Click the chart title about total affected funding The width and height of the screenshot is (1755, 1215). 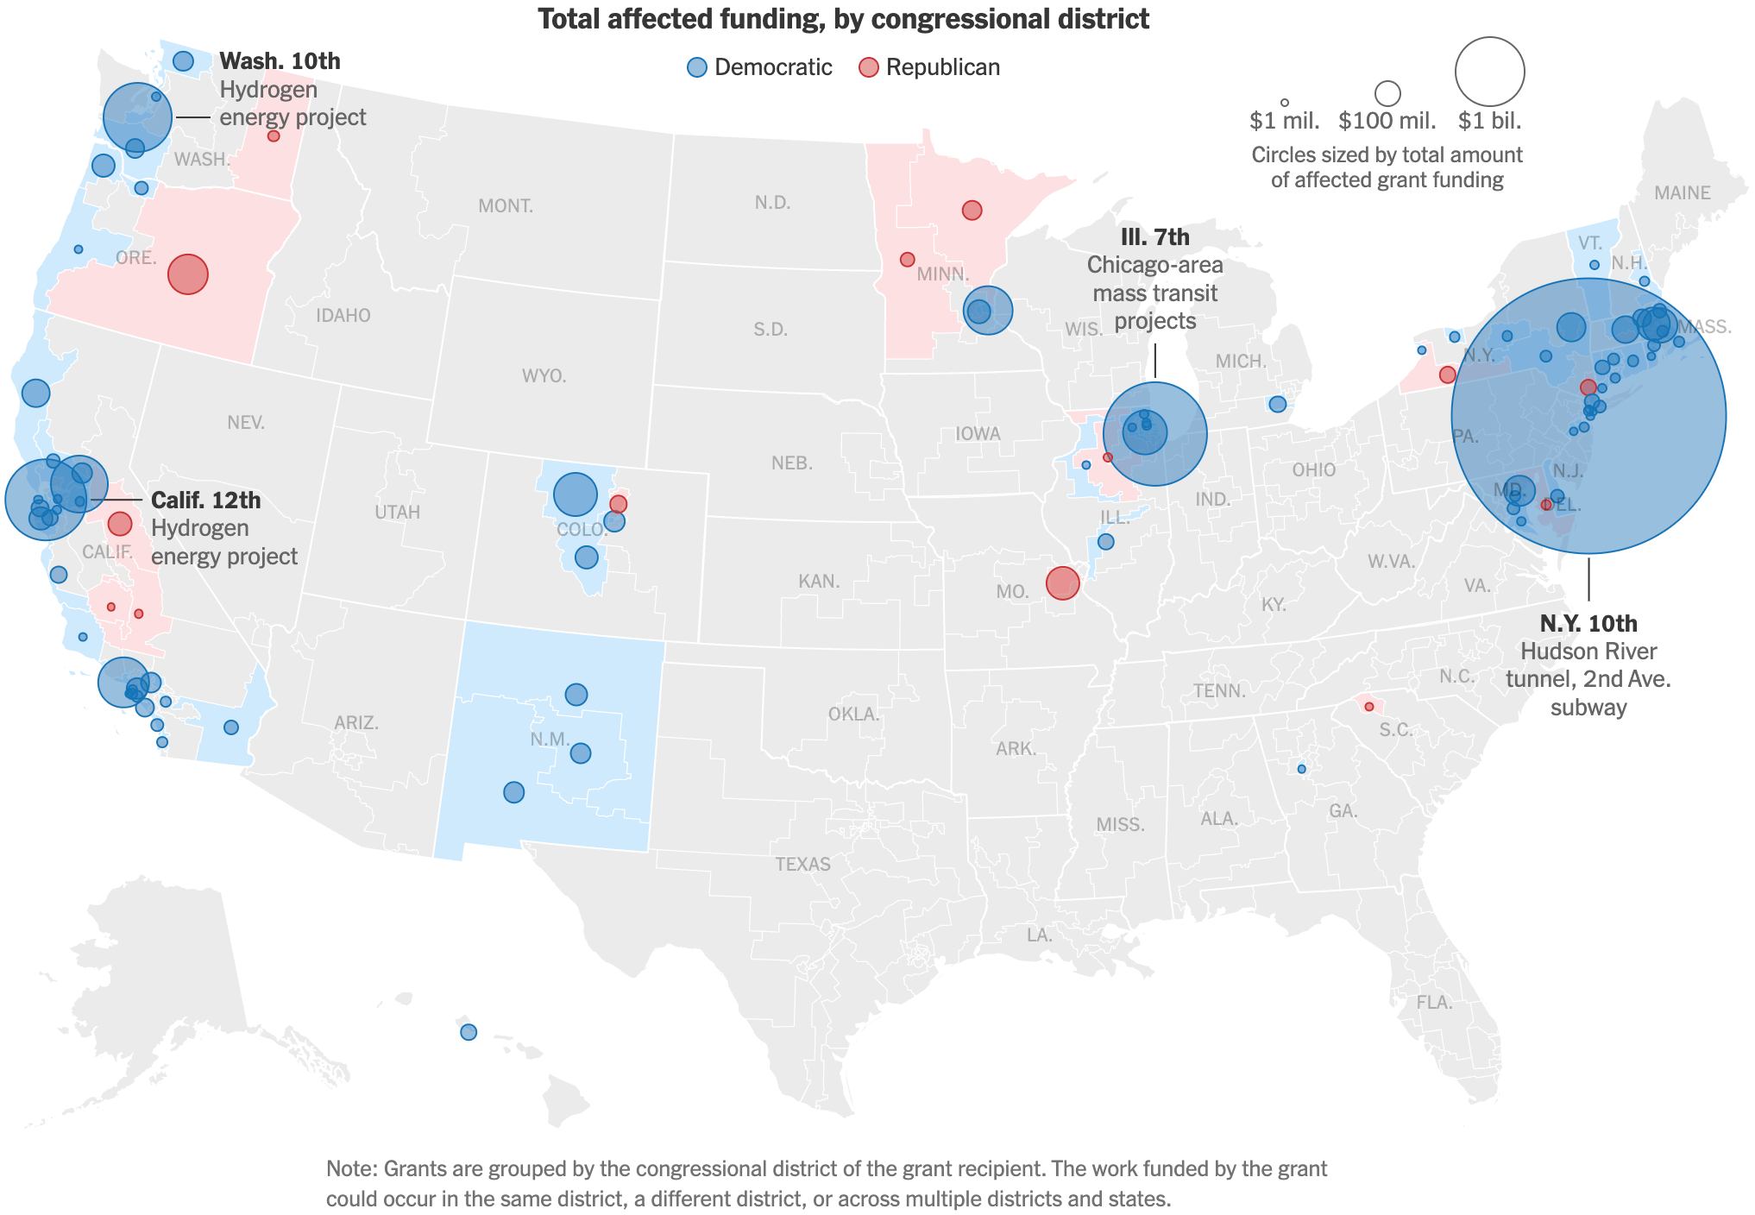843,19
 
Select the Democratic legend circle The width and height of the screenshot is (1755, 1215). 697,67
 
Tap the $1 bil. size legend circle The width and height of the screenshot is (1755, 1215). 1489,72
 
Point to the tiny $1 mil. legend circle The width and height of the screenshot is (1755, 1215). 1285,103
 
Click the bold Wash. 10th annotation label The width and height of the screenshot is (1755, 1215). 280,61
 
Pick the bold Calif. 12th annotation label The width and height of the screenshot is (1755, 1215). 205,500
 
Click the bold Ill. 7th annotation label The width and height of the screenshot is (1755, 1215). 1154,237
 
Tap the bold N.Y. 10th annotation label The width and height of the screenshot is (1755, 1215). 1588,623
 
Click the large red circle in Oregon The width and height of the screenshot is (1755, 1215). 188,274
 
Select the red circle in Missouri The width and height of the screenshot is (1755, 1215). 1062,583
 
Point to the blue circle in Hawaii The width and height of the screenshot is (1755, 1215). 469,1032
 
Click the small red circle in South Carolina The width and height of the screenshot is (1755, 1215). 1368,707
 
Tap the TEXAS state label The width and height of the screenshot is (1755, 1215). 802,865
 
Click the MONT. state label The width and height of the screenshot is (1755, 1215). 506,206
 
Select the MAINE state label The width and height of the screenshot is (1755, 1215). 1682,193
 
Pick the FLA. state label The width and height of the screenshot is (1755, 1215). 1434,1003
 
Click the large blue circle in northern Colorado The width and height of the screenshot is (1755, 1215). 576,494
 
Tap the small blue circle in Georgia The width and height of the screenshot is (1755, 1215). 1301,769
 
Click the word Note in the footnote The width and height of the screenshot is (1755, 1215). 350,1169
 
